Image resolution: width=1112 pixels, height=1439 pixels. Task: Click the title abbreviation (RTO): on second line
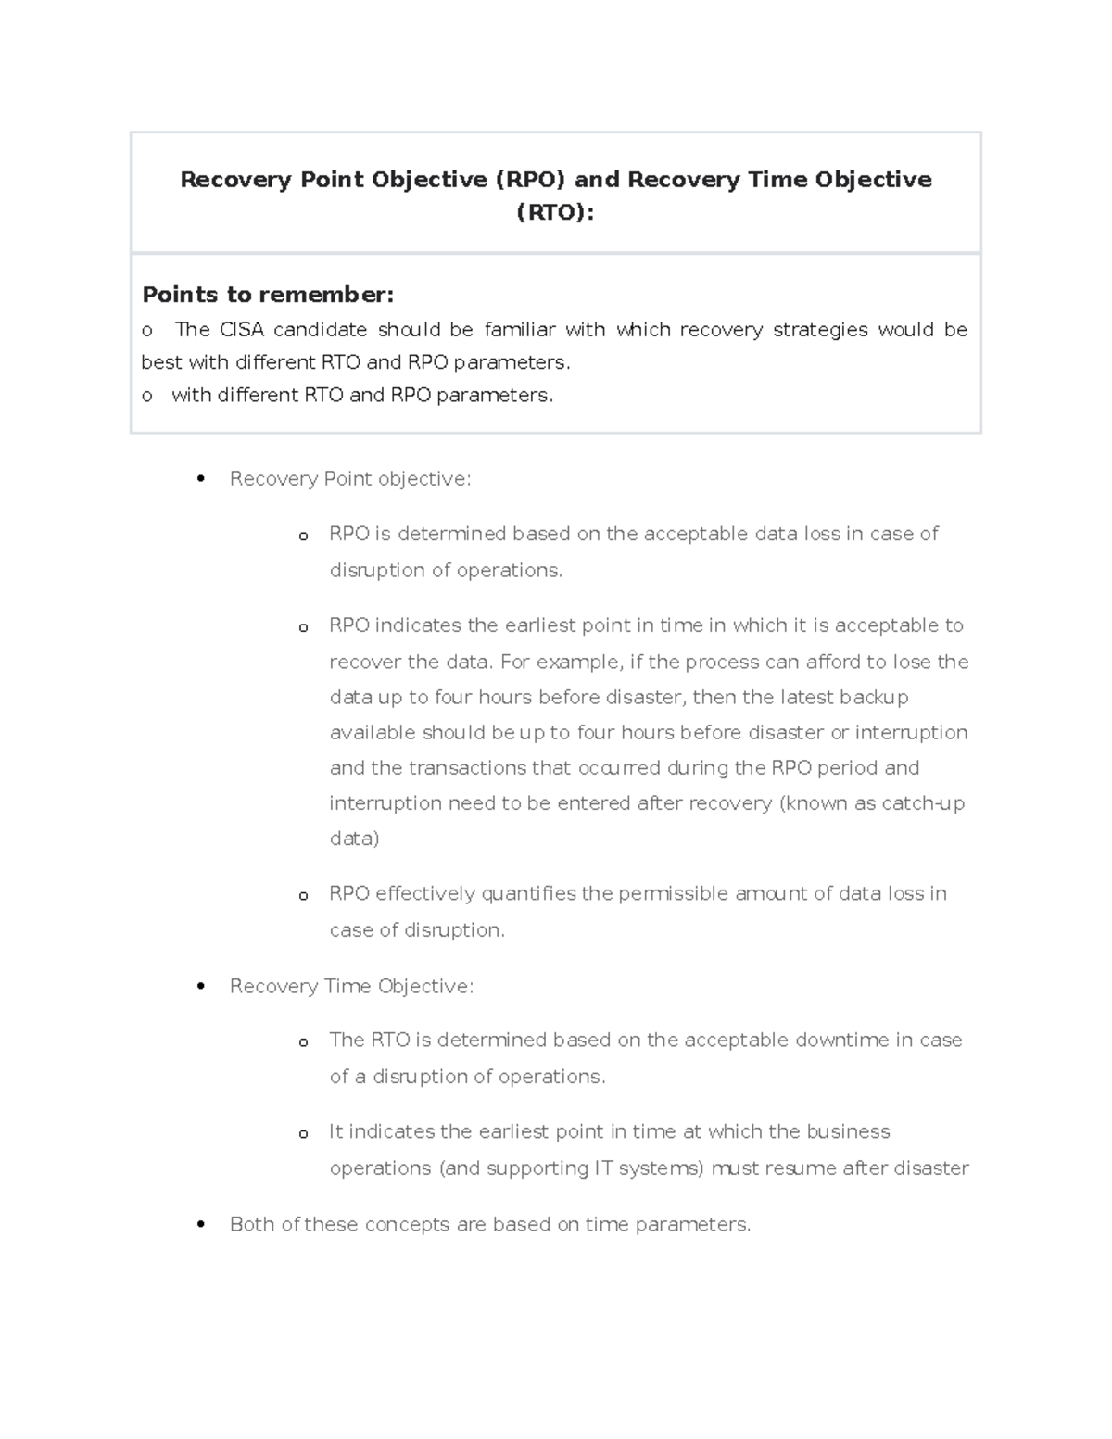pyautogui.click(x=555, y=213)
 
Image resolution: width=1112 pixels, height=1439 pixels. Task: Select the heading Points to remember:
pyautogui.click(x=268, y=295)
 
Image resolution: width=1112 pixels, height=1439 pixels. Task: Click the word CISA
pyautogui.click(x=241, y=330)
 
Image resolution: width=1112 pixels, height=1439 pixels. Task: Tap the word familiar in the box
pyautogui.click(x=519, y=330)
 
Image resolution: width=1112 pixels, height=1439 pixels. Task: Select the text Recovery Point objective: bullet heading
pyautogui.click(x=350, y=479)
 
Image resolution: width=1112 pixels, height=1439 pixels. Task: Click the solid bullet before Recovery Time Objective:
pyautogui.click(x=201, y=987)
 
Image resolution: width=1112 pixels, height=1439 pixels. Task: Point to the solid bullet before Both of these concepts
pyautogui.click(x=201, y=1225)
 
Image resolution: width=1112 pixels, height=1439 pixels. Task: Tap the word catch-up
pyautogui.click(x=923, y=803)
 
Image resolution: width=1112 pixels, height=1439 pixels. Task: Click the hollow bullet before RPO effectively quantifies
pyautogui.click(x=303, y=896)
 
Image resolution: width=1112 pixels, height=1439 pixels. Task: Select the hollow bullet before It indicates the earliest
pyautogui.click(x=303, y=1134)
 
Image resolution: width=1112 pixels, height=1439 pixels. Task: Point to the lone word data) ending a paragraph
pyautogui.click(x=354, y=839)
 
